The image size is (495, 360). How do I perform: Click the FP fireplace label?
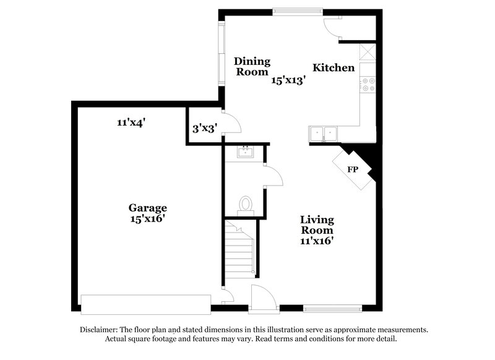coord(353,169)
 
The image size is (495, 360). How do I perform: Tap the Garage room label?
coord(148,208)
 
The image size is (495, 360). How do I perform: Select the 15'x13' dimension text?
coord(289,80)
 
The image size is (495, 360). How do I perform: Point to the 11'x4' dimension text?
coord(131,122)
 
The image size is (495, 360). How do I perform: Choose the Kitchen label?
coord(334,67)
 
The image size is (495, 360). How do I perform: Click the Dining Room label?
coord(252,66)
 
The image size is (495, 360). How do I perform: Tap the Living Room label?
coord(317,225)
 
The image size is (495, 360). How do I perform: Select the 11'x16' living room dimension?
coord(317,242)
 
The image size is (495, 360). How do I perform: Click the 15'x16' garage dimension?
coord(148,218)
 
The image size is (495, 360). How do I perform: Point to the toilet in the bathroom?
coord(246,205)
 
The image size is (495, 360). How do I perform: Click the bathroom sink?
coord(245,152)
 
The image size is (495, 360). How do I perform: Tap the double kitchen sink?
coord(324,133)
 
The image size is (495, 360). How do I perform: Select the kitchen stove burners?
coord(369,84)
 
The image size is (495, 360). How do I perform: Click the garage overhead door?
coord(146,304)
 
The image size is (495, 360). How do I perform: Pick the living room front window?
coord(332,307)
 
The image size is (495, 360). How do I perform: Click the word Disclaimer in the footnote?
coord(101,330)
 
